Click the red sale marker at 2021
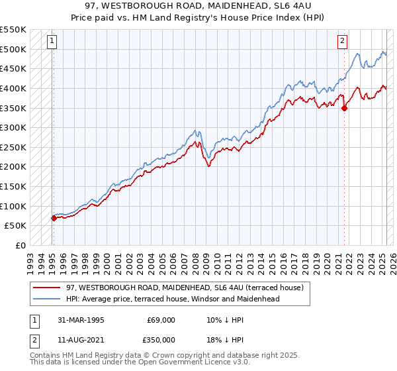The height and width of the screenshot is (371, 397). point(345,109)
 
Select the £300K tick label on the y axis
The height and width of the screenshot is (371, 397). point(13,127)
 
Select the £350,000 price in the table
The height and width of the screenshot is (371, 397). point(160,340)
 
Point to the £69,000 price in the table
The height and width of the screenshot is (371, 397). point(160,320)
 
